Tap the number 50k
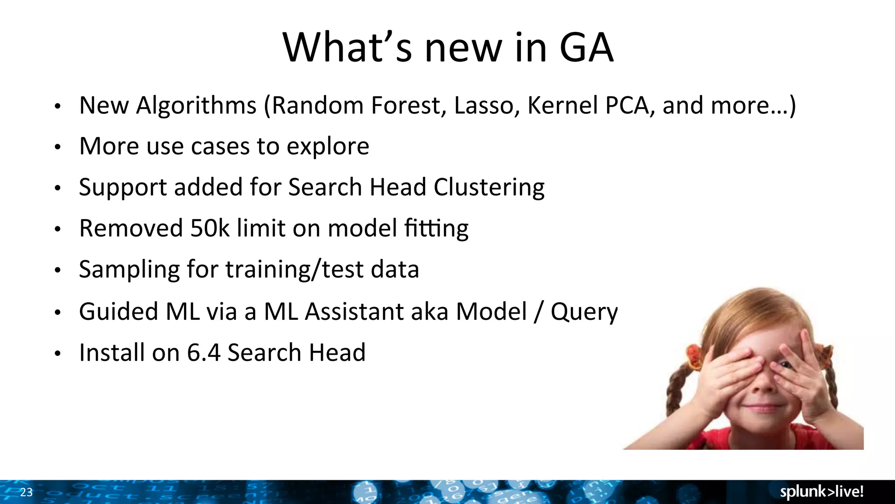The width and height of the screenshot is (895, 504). coord(210,228)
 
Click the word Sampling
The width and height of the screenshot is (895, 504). coord(129,270)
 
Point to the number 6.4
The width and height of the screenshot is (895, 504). coord(204,353)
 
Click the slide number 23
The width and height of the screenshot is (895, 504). coord(26,492)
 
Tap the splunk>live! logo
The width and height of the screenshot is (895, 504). coord(822,492)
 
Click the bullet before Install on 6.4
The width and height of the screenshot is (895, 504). coord(57,353)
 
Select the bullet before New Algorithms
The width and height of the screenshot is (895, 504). coord(57,106)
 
